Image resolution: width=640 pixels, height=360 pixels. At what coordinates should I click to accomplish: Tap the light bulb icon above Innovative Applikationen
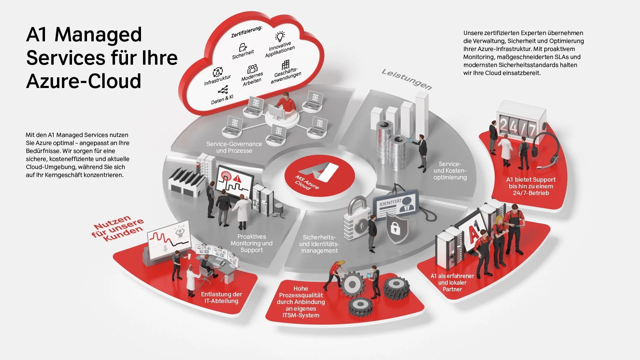tap(280, 36)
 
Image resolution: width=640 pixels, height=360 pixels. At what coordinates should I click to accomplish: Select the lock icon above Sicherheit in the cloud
tap(243, 47)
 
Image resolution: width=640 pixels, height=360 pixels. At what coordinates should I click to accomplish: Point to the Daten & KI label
tap(222, 99)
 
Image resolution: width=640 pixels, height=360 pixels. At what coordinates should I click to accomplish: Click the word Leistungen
tap(407, 79)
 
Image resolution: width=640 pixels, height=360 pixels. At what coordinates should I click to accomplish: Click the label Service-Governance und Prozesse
tap(234, 147)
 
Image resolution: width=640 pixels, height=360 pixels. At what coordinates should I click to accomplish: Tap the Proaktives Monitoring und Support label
tap(252, 243)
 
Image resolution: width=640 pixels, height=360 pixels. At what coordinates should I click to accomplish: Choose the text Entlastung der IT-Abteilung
tap(221, 298)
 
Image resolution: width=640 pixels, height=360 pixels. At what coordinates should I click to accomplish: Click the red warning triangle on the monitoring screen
tap(237, 179)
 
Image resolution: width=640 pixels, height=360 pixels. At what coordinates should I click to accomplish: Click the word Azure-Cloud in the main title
tap(84, 81)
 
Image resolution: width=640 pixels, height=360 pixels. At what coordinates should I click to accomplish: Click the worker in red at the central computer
tap(286, 103)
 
